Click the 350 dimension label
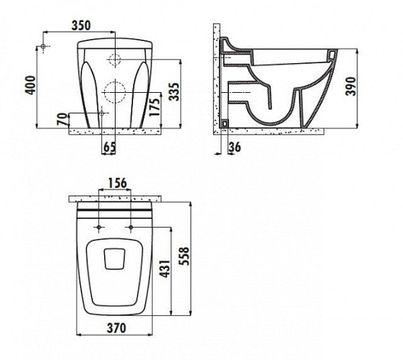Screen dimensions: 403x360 (x=81, y=25)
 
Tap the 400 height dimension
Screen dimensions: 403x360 (x=31, y=85)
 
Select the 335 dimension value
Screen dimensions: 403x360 (x=175, y=91)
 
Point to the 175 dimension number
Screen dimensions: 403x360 (x=154, y=107)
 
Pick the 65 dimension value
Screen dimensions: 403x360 (x=109, y=147)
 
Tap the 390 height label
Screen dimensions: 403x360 (x=351, y=86)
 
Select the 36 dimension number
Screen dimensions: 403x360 (x=235, y=147)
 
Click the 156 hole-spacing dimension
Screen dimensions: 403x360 (x=117, y=183)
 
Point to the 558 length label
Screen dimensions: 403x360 (x=184, y=256)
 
